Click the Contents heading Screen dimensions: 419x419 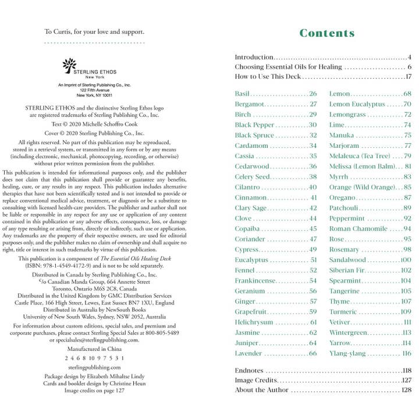click(326, 33)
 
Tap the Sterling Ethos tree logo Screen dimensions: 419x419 click(69, 63)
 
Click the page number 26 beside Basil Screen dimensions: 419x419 click(313, 94)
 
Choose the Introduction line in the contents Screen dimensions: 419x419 click(254, 57)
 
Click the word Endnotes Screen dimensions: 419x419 click(249, 370)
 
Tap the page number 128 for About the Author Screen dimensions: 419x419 click(406, 390)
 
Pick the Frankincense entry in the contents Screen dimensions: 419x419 click(255, 280)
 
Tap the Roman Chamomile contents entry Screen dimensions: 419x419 click(358, 229)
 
